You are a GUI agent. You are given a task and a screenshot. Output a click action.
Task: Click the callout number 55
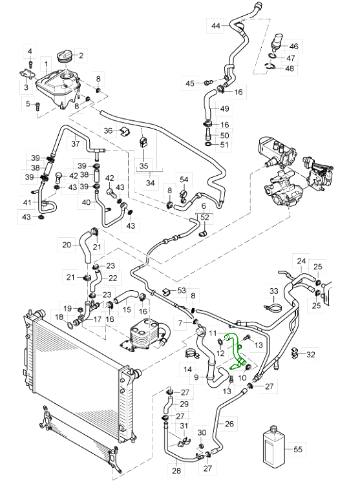298,449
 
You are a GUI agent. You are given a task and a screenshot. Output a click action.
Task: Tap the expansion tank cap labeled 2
65,57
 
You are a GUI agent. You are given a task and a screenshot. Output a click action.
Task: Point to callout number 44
216,25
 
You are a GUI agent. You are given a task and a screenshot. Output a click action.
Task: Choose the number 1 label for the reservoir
46,65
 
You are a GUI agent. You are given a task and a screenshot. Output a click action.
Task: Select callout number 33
273,291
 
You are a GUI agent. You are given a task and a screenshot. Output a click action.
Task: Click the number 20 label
67,245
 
